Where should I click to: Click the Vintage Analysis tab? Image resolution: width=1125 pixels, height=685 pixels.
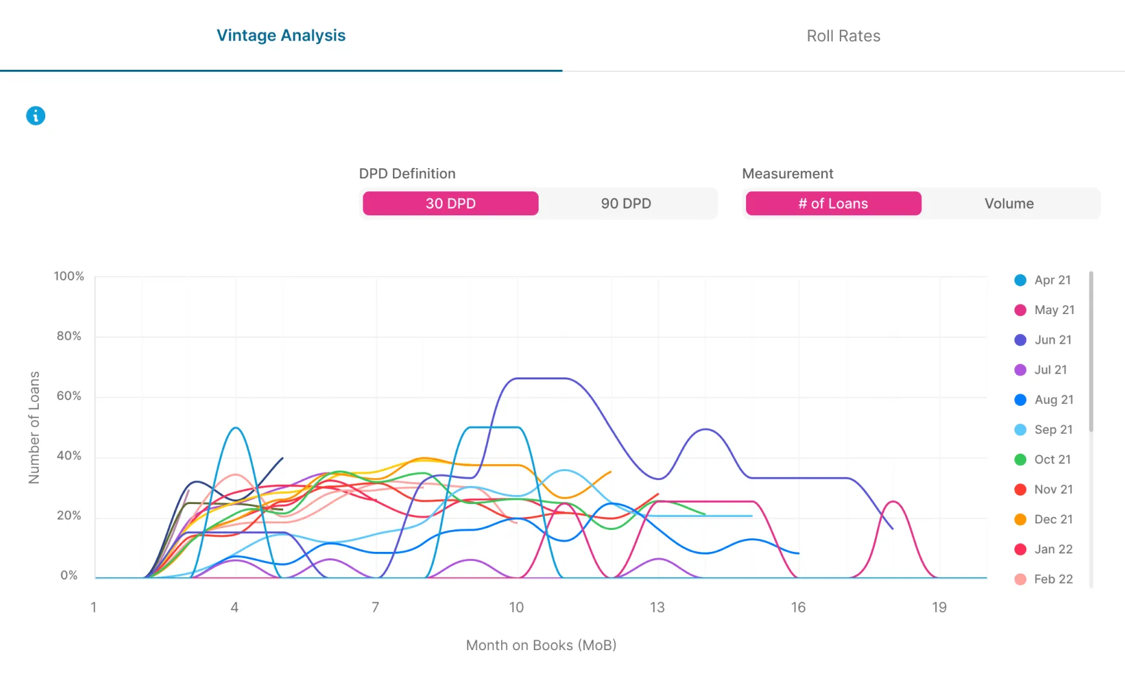tap(281, 36)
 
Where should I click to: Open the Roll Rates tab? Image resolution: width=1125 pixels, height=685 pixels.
tap(843, 36)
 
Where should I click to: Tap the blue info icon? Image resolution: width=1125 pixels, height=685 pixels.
tap(36, 116)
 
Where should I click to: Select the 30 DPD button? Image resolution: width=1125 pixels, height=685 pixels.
tap(450, 204)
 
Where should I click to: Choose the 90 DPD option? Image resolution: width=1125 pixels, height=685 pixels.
tap(626, 204)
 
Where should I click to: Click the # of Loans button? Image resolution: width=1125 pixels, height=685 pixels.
tap(833, 204)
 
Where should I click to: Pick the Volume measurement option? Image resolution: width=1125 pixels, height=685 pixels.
tap(1009, 204)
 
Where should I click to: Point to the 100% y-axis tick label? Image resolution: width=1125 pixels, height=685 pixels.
tap(69, 276)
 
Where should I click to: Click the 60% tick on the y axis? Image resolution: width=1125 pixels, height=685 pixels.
tap(69, 396)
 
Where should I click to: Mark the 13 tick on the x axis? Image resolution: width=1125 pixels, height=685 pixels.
tap(657, 607)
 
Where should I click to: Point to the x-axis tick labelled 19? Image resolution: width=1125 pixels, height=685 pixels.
tap(939, 607)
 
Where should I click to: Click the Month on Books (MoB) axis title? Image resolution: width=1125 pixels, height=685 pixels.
tap(541, 646)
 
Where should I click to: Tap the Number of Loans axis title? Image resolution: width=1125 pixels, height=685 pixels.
tap(34, 427)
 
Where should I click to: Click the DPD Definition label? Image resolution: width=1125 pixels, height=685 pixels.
tap(407, 174)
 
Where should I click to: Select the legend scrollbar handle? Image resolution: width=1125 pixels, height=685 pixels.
tap(1091, 352)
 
